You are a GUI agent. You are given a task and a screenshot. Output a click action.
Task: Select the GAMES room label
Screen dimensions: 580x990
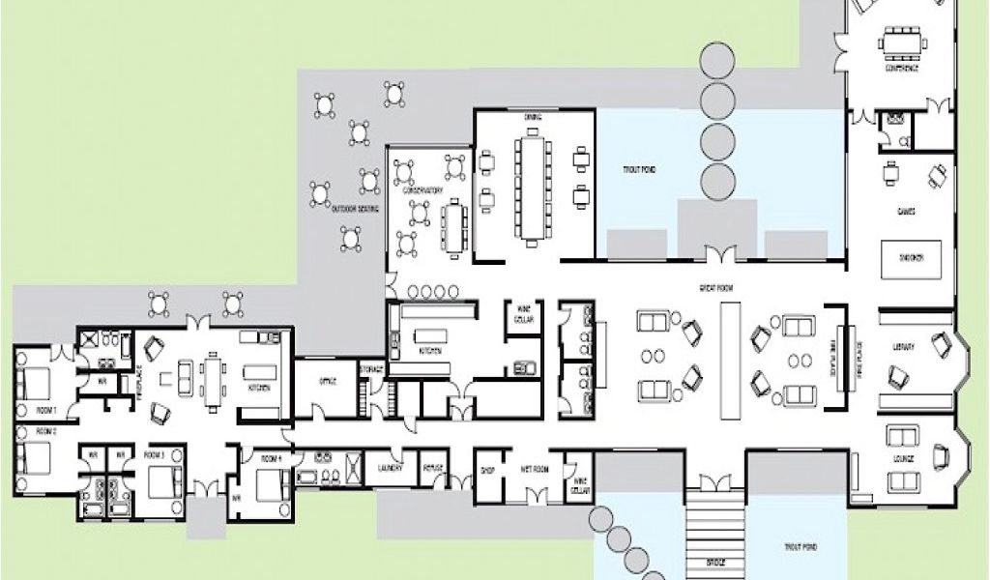pyautogui.click(x=906, y=210)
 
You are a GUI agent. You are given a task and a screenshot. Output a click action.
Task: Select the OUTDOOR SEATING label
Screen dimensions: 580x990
pyautogui.click(x=355, y=209)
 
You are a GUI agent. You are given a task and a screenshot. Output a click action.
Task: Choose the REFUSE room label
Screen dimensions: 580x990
pyautogui.click(x=433, y=468)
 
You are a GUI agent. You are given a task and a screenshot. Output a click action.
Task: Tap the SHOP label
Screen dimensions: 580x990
pyautogui.click(x=487, y=472)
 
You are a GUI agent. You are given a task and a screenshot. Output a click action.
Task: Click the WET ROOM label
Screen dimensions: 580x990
pyautogui.click(x=535, y=470)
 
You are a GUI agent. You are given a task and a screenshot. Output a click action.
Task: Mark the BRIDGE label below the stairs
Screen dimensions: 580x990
pyautogui.click(x=715, y=563)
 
